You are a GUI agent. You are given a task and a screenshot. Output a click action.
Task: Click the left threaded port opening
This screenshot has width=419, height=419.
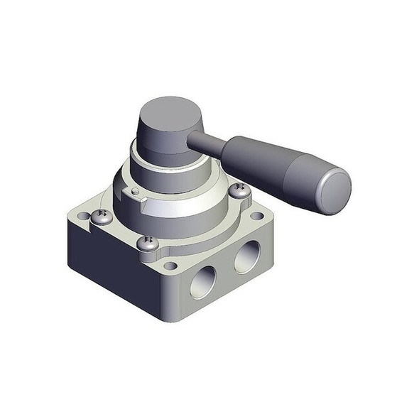tap(202, 282)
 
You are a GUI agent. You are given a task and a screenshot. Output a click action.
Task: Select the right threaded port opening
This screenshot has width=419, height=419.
tap(247, 256)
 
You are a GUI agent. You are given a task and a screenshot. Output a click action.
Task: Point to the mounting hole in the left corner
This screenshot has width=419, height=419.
tap(84, 215)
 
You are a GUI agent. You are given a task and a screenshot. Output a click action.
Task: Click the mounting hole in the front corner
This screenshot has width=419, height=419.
tap(170, 266)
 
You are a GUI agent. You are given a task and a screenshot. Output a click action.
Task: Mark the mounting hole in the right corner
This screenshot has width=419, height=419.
tap(257, 215)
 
